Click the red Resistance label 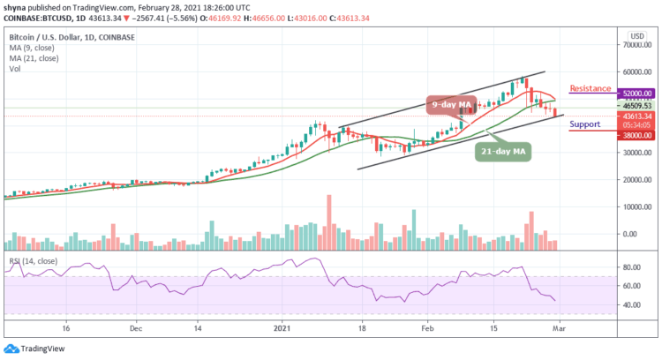591,88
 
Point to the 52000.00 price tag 634,93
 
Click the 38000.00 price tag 634,135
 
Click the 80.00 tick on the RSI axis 629,266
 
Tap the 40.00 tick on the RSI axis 629,305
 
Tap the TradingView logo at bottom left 33,349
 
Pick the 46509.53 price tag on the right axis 634,105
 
